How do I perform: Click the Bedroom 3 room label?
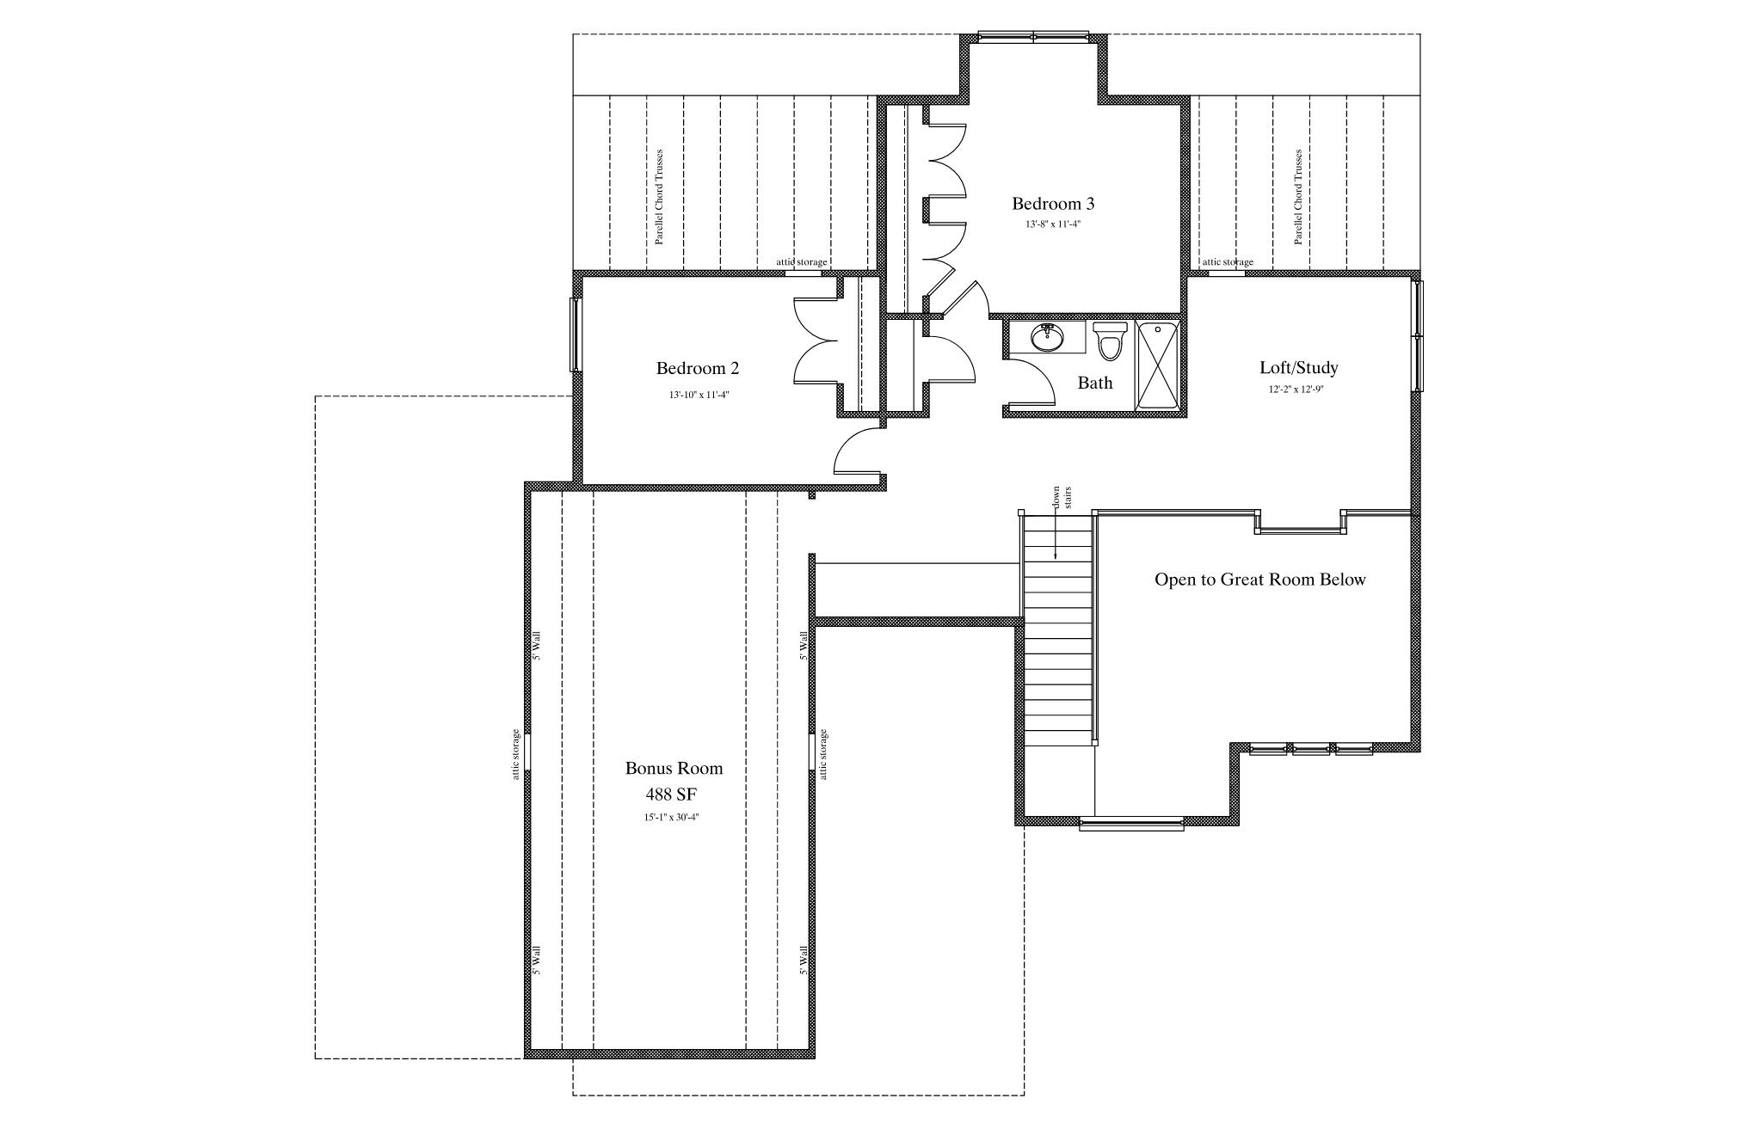pos(1053,204)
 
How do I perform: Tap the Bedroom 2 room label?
pos(698,368)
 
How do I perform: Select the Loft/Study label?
pos(1299,368)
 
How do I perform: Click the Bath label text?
pos(1095,383)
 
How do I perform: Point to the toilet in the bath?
pos(1111,340)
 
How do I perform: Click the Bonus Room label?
pos(674,768)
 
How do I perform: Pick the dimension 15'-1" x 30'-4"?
pos(671,818)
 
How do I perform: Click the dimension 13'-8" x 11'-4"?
pos(1053,224)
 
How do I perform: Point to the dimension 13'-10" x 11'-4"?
pos(698,396)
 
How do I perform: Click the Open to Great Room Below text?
pos(1259,580)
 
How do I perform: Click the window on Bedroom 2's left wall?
pos(575,334)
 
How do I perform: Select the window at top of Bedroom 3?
pos(1033,37)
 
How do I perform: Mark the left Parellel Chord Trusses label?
pos(660,197)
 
